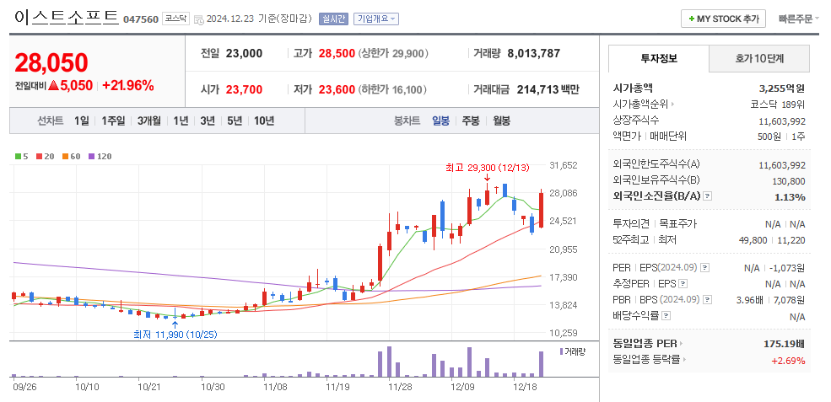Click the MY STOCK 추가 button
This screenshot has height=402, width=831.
coord(723,19)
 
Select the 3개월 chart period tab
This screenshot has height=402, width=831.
coord(149,121)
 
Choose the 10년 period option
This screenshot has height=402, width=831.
coord(263,121)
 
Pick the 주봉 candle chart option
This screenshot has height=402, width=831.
coord(470,121)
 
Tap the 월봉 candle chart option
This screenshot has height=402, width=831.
coord(501,121)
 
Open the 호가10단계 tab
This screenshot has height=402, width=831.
coord(759,59)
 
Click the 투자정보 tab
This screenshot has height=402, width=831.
coord(659,59)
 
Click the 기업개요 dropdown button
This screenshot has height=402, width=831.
coord(376,19)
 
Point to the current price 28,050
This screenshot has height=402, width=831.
coord(51,62)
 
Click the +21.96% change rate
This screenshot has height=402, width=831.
coord(128,85)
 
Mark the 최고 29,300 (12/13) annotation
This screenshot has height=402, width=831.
coord(488,167)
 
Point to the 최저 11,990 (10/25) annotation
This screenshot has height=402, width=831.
coord(175,334)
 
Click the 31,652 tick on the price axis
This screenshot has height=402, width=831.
coord(563,166)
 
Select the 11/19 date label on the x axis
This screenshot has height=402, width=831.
coord(337,387)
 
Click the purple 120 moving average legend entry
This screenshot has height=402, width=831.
coord(100,156)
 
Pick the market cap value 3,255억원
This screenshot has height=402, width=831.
coord(781,88)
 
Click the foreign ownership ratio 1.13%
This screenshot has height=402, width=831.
coord(790,196)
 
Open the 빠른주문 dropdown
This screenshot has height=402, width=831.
coord(798,19)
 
